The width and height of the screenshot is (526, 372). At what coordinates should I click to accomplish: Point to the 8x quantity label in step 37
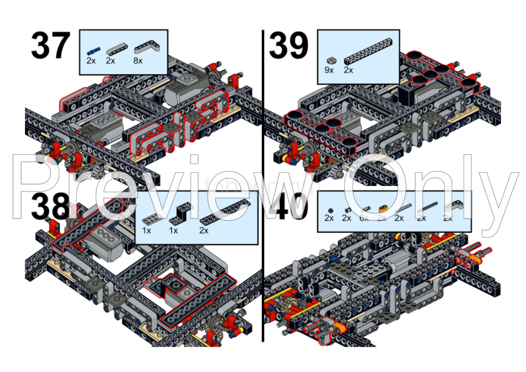pyautogui.click(x=137, y=61)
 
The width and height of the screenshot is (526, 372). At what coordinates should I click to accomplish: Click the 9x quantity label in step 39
pyautogui.click(x=329, y=71)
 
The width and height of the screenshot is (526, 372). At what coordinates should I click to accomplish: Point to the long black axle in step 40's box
pyautogui.click(x=429, y=208)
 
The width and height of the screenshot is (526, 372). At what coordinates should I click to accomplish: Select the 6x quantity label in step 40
pyautogui.click(x=364, y=218)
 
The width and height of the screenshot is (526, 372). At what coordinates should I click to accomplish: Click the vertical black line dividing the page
pyautogui.click(x=263, y=187)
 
